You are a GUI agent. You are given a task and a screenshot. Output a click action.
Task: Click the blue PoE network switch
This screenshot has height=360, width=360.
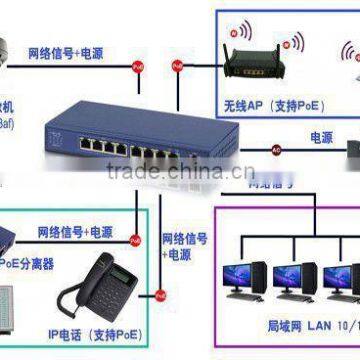pos(150,140)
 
